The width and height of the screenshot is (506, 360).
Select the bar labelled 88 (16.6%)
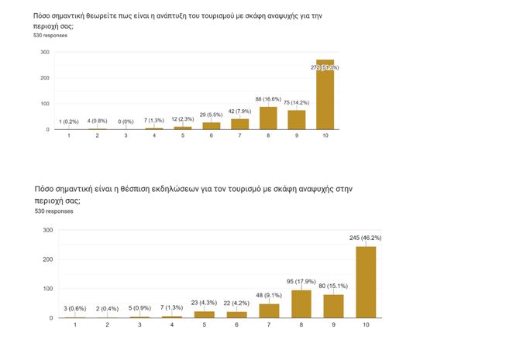point(268,118)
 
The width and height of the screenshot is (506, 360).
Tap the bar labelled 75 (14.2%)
point(297,120)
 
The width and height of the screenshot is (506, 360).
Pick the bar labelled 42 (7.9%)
point(239,124)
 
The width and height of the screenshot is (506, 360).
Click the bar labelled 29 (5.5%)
point(212,125)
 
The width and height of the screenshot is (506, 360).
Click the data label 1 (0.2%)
point(69,121)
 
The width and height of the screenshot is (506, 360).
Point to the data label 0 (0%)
point(126,121)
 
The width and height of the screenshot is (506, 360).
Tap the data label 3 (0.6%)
point(75,309)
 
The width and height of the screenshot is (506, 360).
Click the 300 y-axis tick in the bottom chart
point(47,230)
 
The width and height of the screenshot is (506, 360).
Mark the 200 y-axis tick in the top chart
point(45,78)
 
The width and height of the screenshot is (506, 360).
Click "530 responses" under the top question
point(50,36)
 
